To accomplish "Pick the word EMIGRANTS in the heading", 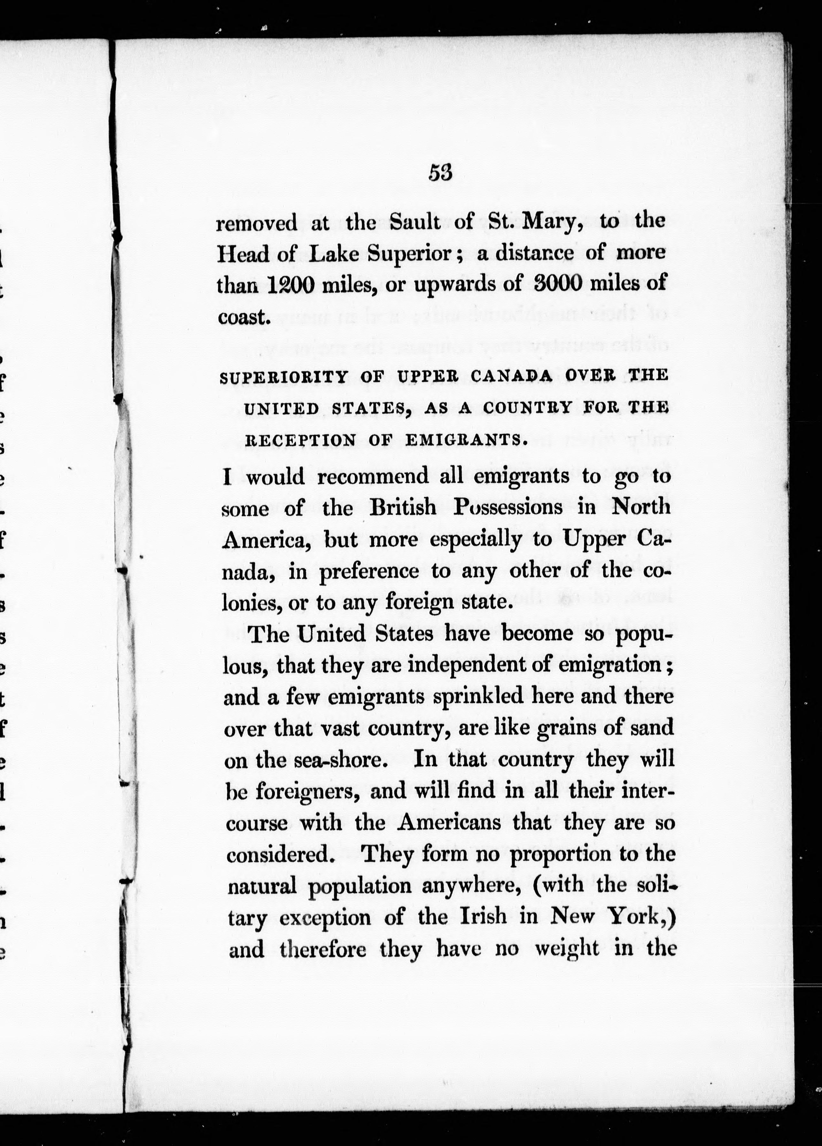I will pos(463,440).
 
